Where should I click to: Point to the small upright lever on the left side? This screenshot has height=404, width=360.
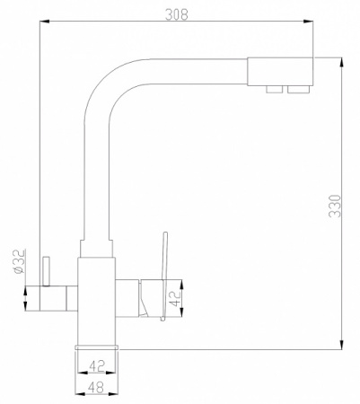[x=48, y=268]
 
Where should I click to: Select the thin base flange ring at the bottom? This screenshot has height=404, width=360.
[x=99, y=345]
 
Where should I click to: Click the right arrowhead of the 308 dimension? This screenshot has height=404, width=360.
[x=311, y=24]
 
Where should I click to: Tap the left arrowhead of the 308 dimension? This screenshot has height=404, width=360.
[x=45, y=24]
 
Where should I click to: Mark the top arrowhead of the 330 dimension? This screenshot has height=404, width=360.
[x=341, y=62]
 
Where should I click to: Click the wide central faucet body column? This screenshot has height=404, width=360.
[x=98, y=296]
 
